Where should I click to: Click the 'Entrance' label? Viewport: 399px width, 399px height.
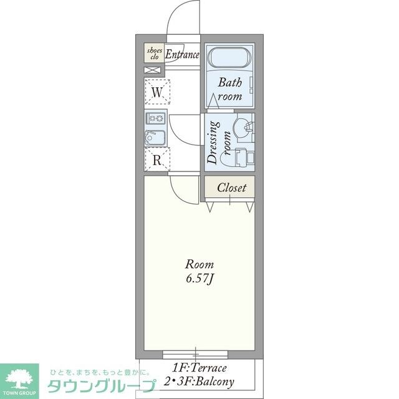[182, 54]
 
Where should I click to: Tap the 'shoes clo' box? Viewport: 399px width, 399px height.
[154, 53]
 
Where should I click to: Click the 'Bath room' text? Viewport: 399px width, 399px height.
[229, 89]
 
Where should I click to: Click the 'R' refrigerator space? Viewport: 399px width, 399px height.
[158, 159]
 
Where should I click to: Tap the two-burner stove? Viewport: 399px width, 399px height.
[155, 118]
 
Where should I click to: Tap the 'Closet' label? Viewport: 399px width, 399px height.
[231, 187]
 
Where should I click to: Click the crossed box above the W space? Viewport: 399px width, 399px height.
[151, 70]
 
